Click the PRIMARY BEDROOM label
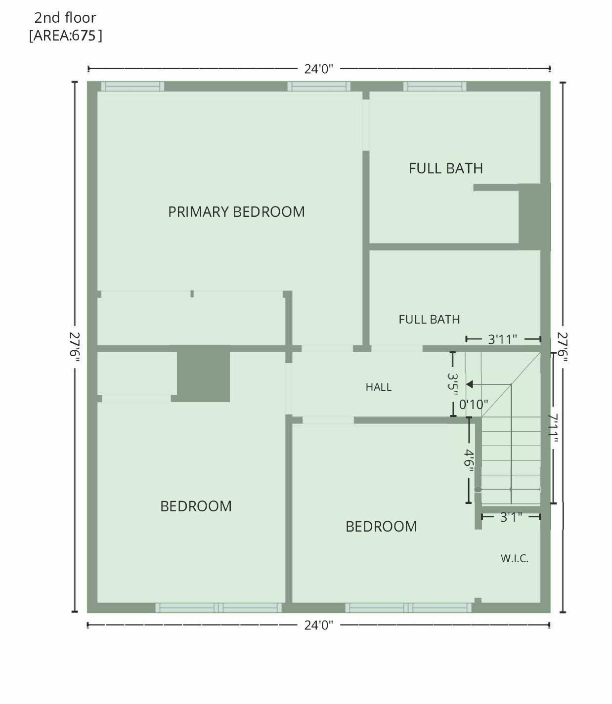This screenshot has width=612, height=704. pyautogui.click(x=236, y=211)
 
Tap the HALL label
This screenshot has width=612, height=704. pyautogui.click(x=378, y=387)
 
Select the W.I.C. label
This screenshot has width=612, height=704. pyautogui.click(x=514, y=558)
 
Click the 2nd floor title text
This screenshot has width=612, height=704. pyautogui.click(x=65, y=18)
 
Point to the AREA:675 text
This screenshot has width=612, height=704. pyautogui.click(x=65, y=36)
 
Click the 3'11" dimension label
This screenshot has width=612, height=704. pyautogui.click(x=502, y=339)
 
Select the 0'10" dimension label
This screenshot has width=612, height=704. pyautogui.click(x=474, y=405)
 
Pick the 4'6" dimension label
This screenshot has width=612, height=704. pyautogui.click(x=469, y=458)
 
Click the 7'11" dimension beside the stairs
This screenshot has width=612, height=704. pyautogui.click(x=553, y=428)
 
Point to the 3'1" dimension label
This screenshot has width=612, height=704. pyautogui.click(x=511, y=517)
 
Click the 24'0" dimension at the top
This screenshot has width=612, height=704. pyautogui.click(x=319, y=69)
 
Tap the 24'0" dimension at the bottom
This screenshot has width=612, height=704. pyautogui.click(x=319, y=625)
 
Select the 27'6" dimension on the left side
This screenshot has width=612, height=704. pyautogui.click(x=75, y=346)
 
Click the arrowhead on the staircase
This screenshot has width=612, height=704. pyautogui.click(x=469, y=384)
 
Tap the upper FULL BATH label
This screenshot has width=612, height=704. pyautogui.click(x=446, y=168)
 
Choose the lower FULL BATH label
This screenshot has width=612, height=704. pyautogui.click(x=429, y=319)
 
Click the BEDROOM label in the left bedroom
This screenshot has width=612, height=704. pyautogui.click(x=196, y=506)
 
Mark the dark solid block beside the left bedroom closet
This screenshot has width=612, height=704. pyautogui.click(x=204, y=373)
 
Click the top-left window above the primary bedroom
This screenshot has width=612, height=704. pyautogui.click(x=132, y=86)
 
